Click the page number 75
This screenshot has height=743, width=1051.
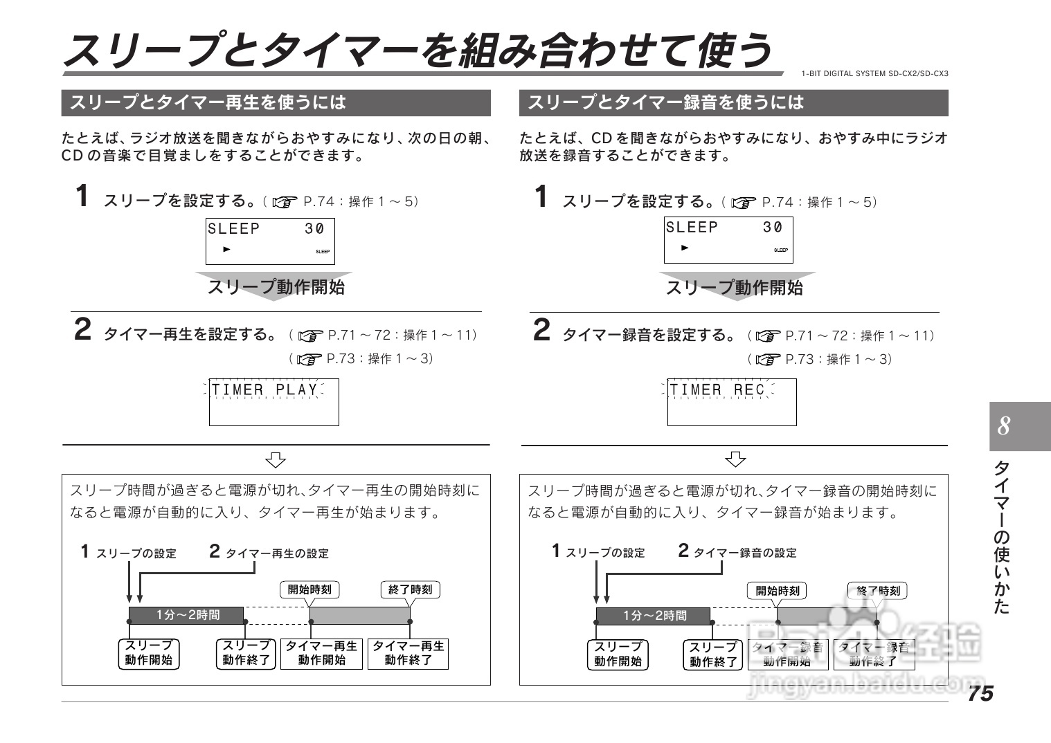[x=980, y=692]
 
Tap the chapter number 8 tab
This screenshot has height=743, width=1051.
[x=1019, y=426]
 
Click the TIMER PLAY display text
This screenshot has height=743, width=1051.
[x=264, y=390]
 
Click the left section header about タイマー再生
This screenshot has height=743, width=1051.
[x=276, y=103]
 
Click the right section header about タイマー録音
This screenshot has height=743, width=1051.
[x=733, y=103]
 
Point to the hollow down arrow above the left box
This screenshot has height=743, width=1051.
[x=276, y=459]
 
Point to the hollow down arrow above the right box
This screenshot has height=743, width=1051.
[x=735, y=459]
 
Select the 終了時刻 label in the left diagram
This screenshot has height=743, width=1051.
[x=410, y=589]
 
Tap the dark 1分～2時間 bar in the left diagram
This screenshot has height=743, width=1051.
[x=187, y=615]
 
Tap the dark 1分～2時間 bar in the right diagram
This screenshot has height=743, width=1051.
[x=654, y=616]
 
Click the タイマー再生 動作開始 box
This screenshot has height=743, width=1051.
[x=322, y=653]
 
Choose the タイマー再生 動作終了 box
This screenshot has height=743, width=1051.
[x=408, y=653]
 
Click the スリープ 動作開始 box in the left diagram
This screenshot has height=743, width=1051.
[x=148, y=653]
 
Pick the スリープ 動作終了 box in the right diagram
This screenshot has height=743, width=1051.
[x=713, y=654]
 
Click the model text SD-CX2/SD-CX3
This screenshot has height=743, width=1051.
[x=918, y=73]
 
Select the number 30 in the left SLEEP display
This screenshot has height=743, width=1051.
[x=314, y=229]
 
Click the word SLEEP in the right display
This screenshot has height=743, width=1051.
[x=692, y=228]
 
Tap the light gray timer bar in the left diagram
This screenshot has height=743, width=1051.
[x=359, y=615]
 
